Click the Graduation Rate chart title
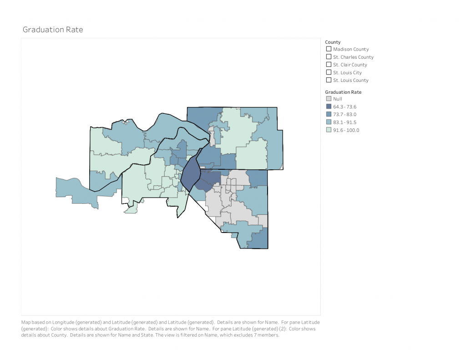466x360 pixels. [53, 30]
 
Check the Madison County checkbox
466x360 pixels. [329, 49]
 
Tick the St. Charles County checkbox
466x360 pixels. [329, 57]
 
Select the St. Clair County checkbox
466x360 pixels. [329, 65]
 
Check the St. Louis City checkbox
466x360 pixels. [329, 72]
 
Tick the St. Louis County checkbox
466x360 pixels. [329, 80]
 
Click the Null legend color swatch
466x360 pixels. [329, 99]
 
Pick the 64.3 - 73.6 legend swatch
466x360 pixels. [329, 106]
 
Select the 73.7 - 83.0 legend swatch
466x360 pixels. [329, 114]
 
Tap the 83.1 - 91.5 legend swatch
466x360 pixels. [329, 122]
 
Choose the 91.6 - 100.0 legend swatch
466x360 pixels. [329, 130]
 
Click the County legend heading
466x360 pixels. [333, 42]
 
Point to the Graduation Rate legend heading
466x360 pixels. [343, 92]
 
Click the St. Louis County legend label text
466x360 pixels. [351, 81]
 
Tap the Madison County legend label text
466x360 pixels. [351, 49]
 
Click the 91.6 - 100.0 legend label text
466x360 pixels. [346, 130]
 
